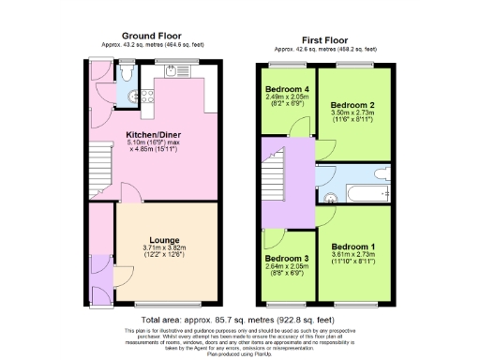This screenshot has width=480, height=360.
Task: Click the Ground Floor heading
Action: [x=151, y=37]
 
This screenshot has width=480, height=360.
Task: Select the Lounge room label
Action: [x=162, y=240]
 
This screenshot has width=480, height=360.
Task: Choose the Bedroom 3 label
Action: [x=286, y=258]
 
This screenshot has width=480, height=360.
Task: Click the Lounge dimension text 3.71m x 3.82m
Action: [x=162, y=248]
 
